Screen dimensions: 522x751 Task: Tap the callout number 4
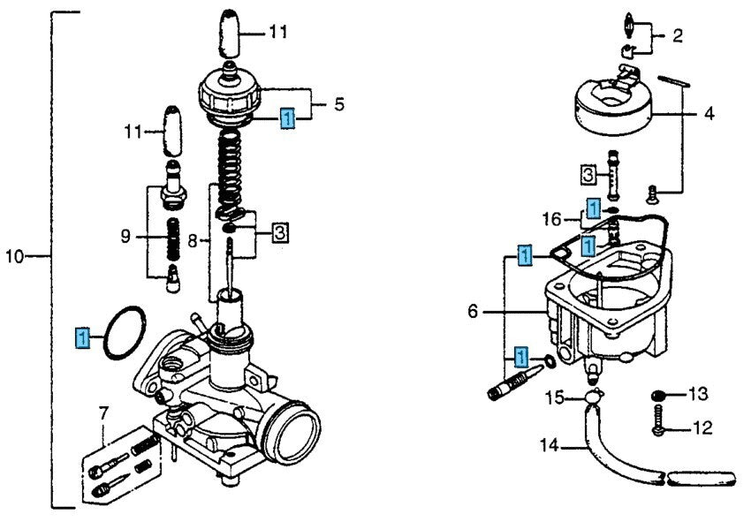point(709,114)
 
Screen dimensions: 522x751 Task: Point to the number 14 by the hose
point(550,446)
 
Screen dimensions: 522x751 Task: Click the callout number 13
point(699,393)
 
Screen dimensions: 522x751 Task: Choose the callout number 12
point(702,429)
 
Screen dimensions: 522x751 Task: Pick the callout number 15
point(553,397)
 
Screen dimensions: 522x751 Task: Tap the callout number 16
point(552,218)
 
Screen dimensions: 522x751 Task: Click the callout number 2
point(678,36)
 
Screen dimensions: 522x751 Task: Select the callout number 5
point(338,105)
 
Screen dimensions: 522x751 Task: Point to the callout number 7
point(103,413)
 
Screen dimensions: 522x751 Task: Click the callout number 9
point(125,236)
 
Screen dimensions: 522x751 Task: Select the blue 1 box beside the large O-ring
point(82,337)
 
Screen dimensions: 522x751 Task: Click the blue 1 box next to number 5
point(287,117)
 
